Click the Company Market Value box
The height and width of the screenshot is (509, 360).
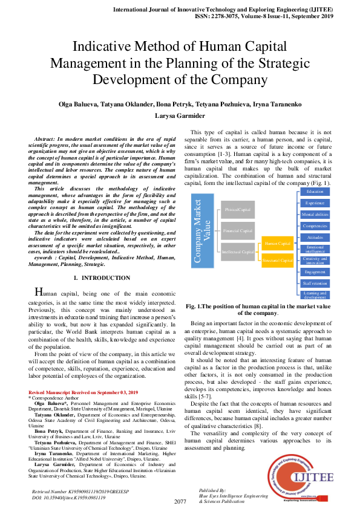(203, 231)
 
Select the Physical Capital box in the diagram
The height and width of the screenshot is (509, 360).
(238, 210)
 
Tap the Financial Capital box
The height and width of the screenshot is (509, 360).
(238, 230)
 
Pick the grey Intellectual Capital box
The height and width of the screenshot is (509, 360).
(238, 251)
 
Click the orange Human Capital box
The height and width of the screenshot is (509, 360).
(278, 244)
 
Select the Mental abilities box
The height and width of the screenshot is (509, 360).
(315, 215)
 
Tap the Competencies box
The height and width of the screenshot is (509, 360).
(315, 225)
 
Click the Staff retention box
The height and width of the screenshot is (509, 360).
(315, 283)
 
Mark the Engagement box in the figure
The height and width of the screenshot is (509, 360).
(315, 271)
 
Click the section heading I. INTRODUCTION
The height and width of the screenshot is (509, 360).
(101, 278)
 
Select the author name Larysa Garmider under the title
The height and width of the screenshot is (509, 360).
(180, 115)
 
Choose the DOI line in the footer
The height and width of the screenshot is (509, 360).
(68, 497)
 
